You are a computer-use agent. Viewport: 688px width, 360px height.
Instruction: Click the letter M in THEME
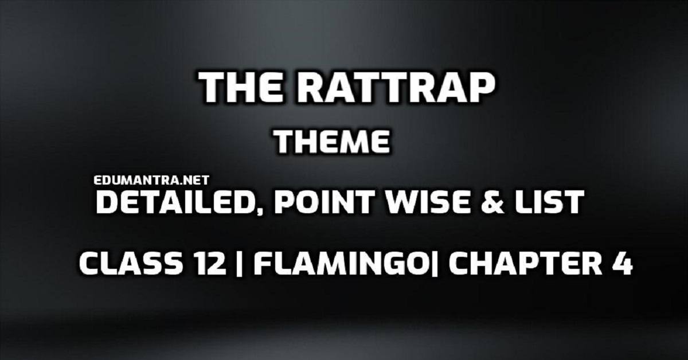(350, 141)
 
